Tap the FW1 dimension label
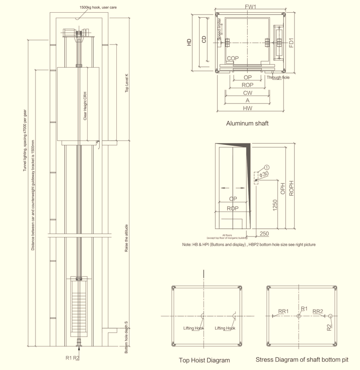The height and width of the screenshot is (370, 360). (x=250, y=7)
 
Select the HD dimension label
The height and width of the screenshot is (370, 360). (x=189, y=43)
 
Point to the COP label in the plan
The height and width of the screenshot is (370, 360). (x=233, y=59)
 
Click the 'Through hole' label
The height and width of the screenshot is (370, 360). (x=278, y=78)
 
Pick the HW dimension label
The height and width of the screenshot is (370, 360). (x=248, y=109)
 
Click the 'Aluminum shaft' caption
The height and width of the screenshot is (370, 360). (x=247, y=123)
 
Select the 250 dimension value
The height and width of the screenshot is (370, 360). (x=264, y=234)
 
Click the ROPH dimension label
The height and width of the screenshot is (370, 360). (x=291, y=188)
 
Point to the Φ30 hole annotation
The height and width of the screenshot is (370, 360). (x=264, y=174)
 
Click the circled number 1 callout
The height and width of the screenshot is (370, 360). (x=267, y=168)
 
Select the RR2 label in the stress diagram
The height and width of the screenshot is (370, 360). (x=318, y=311)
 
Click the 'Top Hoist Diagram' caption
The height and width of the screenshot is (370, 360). (x=204, y=360)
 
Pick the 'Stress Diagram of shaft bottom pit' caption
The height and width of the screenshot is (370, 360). (x=302, y=360)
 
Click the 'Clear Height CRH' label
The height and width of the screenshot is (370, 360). (x=85, y=106)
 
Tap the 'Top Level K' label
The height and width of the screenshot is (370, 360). (x=127, y=83)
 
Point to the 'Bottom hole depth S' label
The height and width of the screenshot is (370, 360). (x=126, y=337)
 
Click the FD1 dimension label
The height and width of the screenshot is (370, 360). (x=291, y=42)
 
